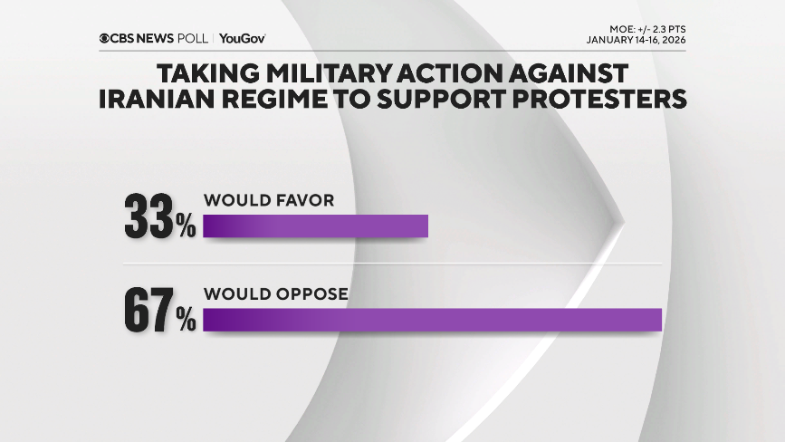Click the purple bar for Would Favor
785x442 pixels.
[x=315, y=226]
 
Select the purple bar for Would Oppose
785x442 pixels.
[x=433, y=320]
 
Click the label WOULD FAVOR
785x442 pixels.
[x=269, y=200]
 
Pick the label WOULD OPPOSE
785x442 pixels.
[x=276, y=293]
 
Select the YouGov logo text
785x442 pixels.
[x=242, y=38]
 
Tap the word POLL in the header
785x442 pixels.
[x=192, y=38]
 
